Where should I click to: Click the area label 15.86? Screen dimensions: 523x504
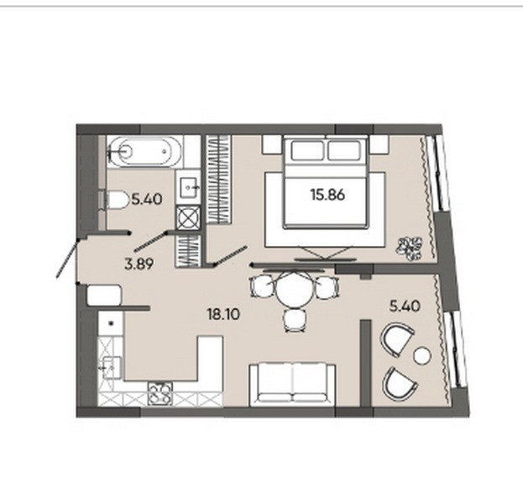click(x=328, y=195)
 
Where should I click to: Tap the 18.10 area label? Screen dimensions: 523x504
click(x=223, y=314)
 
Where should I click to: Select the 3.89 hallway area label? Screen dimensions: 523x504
click(x=139, y=265)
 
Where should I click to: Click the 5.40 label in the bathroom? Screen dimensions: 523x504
click(x=147, y=199)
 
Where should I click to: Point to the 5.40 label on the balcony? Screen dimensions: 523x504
click(x=405, y=306)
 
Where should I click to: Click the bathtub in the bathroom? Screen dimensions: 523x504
click(x=145, y=151)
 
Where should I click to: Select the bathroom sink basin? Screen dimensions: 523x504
click(x=189, y=187)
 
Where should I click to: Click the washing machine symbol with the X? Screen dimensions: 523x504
click(x=188, y=218)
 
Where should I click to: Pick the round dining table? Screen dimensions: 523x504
click(x=295, y=289)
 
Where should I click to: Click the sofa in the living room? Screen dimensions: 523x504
click(x=292, y=385)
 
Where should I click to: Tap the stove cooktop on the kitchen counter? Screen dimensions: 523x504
click(x=160, y=394)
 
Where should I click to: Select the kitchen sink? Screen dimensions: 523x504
click(x=112, y=367)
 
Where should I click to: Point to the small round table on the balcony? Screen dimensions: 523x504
click(x=422, y=356)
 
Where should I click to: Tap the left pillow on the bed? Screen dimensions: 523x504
click(x=307, y=150)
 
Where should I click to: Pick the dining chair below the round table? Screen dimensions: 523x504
click(x=295, y=320)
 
